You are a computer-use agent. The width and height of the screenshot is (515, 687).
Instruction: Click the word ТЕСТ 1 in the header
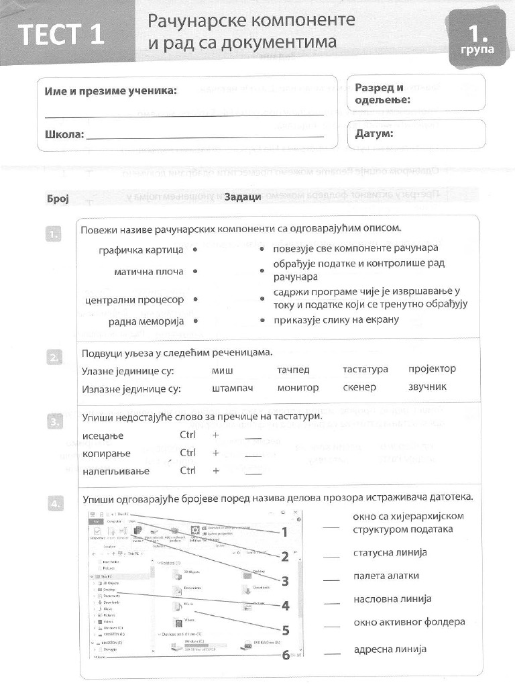point(61,34)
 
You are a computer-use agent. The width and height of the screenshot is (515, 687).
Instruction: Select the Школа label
point(64,135)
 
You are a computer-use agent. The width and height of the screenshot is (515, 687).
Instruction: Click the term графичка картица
point(141,250)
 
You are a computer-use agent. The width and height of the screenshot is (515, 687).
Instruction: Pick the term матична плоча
point(148,272)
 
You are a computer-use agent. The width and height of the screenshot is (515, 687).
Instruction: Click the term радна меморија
point(146,322)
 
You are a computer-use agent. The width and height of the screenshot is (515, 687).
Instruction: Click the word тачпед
point(293,370)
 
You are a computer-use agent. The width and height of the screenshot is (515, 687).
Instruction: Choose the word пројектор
point(432,369)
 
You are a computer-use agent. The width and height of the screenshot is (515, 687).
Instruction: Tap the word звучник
point(427,387)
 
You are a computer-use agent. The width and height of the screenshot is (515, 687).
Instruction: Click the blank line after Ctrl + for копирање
point(253,456)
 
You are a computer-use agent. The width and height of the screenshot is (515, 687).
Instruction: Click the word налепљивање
point(115,471)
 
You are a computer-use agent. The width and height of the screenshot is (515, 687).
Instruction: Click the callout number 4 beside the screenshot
point(285,606)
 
